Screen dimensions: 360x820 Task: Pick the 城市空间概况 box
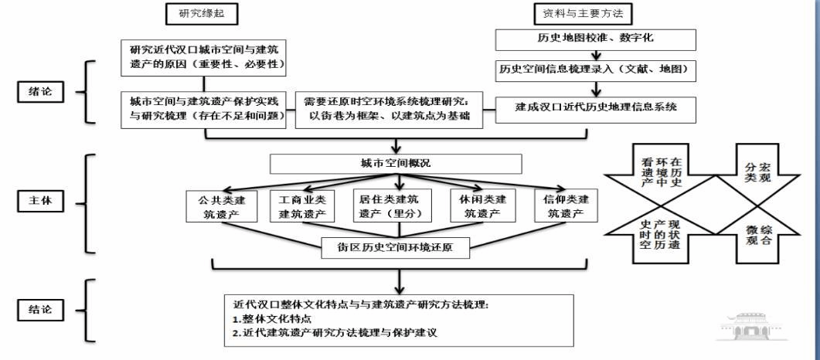point(395,164)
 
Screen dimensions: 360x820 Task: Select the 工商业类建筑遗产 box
point(307,207)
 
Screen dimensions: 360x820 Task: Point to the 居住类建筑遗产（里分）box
point(396,207)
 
